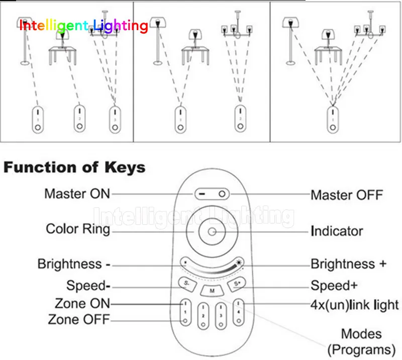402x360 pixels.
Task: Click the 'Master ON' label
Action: pos(77,194)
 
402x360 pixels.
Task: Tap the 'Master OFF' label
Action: pos(347,195)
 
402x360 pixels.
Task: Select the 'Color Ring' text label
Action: pos(78,229)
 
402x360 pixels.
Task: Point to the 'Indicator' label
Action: pos(337,231)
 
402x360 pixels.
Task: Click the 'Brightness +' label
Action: pos(348,264)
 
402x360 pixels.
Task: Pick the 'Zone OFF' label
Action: pos(79,319)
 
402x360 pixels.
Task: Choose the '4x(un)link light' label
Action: pos(355,305)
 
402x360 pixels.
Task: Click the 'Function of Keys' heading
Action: pos(74,167)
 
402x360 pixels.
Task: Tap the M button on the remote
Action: pos(212,291)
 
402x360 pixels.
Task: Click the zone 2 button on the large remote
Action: pos(203,315)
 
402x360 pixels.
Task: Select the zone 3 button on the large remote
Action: pos(221,315)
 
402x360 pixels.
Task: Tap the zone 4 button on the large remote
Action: pos(239,312)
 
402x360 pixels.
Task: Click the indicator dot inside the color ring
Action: pos(212,232)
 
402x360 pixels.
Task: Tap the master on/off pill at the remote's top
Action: pos(212,194)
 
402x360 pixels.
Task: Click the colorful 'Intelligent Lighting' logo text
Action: pos(84,26)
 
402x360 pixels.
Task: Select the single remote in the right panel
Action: pos(333,120)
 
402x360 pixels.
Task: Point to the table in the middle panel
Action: pos(195,56)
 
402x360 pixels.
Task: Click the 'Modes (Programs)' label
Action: pos(361,342)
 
